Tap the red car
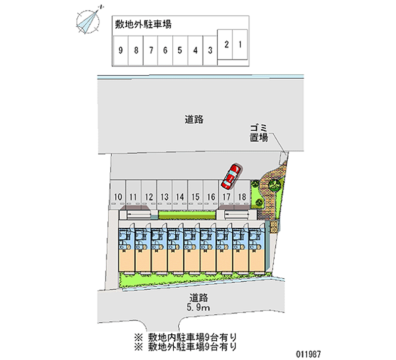231,176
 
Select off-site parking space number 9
120,50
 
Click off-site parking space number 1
240,45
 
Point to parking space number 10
118,197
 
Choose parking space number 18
242,197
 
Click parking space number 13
164,197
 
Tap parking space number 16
211,197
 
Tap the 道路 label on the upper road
195,119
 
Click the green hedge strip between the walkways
187,214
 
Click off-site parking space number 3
210,50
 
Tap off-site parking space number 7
150,50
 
